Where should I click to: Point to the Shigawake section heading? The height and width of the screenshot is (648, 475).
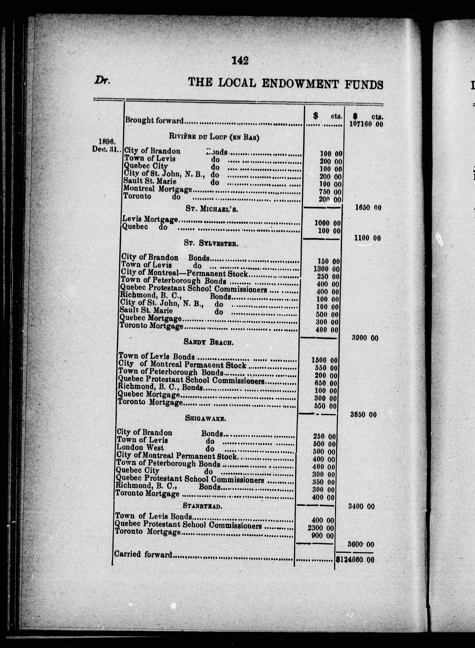click(205, 419)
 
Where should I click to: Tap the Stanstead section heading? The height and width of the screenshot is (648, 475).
click(202, 506)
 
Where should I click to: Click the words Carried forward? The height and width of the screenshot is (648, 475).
click(143, 554)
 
